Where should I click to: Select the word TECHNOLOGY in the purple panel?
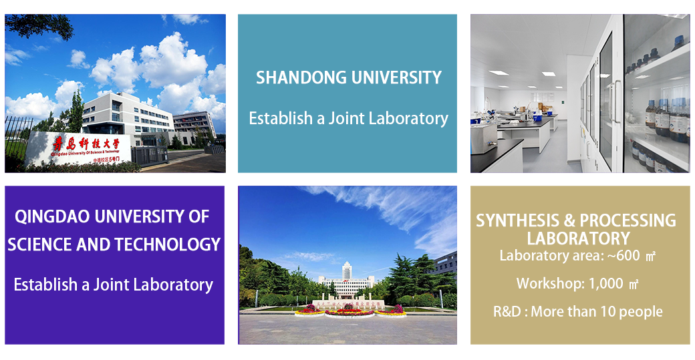point(167,244)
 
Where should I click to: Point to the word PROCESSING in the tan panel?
point(628,220)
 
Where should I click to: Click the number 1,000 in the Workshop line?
point(606,283)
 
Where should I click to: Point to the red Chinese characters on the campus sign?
point(86,144)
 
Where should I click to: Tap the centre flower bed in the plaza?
point(350,313)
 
